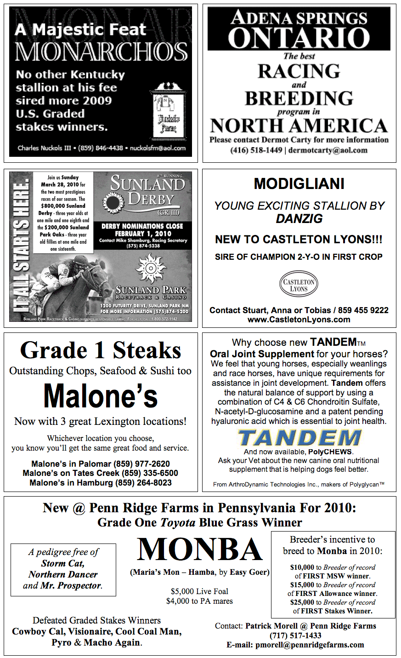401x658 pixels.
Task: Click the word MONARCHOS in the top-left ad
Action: (x=101, y=51)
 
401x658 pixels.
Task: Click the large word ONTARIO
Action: (x=299, y=38)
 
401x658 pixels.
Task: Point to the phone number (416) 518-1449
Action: (x=256, y=150)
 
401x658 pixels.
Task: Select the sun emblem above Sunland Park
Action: (x=151, y=269)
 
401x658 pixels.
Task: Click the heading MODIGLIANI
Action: (x=299, y=184)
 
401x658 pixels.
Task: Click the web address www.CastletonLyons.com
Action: (x=299, y=320)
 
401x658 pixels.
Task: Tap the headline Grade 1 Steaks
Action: (x=101, y=350)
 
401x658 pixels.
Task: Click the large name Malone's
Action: (x=101, y=396)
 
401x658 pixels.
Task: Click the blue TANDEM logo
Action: (x=299, y=437)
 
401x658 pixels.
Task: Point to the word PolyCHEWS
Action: (x=330, y=452)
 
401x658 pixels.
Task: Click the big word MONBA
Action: (x=199, y=550)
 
